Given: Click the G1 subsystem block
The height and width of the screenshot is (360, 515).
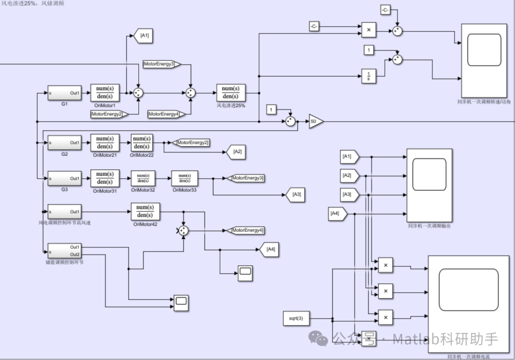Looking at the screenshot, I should click(x=64, y=93).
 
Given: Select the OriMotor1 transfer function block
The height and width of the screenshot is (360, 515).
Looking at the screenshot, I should click(x=104, y=93).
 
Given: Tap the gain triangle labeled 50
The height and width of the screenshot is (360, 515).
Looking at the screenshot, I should click(x=315, y=122).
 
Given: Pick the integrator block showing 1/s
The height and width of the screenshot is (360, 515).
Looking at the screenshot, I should click(x=369, y=76).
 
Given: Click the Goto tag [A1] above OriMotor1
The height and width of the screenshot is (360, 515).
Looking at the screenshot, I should click(x=144, y=36).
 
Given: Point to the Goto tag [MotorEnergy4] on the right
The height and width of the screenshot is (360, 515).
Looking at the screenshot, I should click(x=246, y=231).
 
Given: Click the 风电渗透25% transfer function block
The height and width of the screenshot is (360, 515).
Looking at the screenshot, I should click(x=231, y=93).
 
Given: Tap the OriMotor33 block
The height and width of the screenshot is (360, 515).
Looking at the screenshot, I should click(x=185, y=178).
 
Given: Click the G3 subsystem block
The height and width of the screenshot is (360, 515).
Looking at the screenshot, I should click(x=64, y=178).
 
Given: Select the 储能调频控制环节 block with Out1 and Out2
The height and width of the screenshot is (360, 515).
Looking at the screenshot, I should click(x=64, y=250).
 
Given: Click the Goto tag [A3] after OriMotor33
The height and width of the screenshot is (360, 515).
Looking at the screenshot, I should click(x=295, y=195).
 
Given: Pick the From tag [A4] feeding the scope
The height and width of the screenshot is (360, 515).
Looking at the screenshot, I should click(x=337, y=214).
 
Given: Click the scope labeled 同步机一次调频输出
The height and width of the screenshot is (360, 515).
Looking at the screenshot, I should click(x=429, y=185).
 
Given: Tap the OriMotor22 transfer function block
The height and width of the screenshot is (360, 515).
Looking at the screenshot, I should click(x=142, y=143).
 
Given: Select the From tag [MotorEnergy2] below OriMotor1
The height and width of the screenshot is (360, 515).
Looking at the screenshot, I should click(x=109, y=114).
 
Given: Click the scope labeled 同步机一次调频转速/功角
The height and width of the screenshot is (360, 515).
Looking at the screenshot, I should click(x=484, y=61).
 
